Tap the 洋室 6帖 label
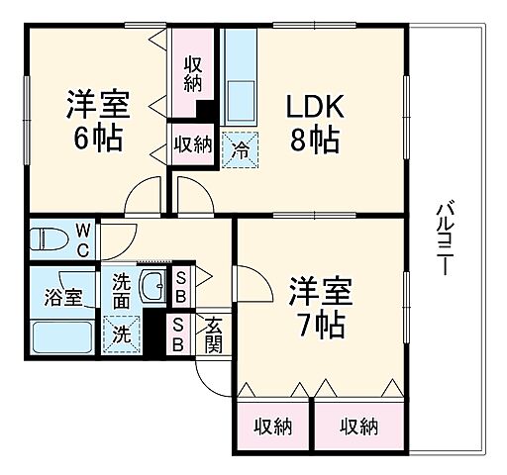(x=96, y=120)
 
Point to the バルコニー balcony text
(x=446, y=238)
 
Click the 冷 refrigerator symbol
(x=241, y=149)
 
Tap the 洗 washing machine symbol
(x=121, y=333)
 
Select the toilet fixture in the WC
(x=49, y=239)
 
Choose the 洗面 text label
(x=121, y=290)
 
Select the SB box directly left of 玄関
(x=178, y=334)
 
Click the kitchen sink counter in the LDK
(x=241, y=79)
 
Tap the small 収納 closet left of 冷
(x=193, y=144)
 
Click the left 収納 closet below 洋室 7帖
(x=272, y=427)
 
